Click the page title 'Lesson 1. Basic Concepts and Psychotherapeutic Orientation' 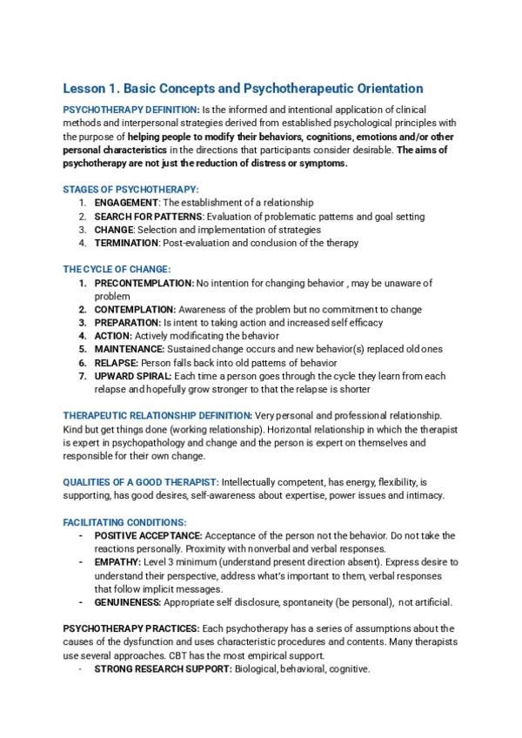[x=243, y=88]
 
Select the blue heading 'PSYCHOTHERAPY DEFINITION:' [x=130, y=110]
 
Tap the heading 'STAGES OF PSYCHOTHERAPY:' [x=130, y=189]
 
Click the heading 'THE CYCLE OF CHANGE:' [x=117, y=270]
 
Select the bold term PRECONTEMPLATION [x=144, y=283]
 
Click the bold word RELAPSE [x=114, y=362]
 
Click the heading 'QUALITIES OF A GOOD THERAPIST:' [x=141, y=481]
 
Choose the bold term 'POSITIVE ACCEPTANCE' [x=148, y=535]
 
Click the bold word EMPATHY [x=117, y=562]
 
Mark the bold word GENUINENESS [x=127, y=602]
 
